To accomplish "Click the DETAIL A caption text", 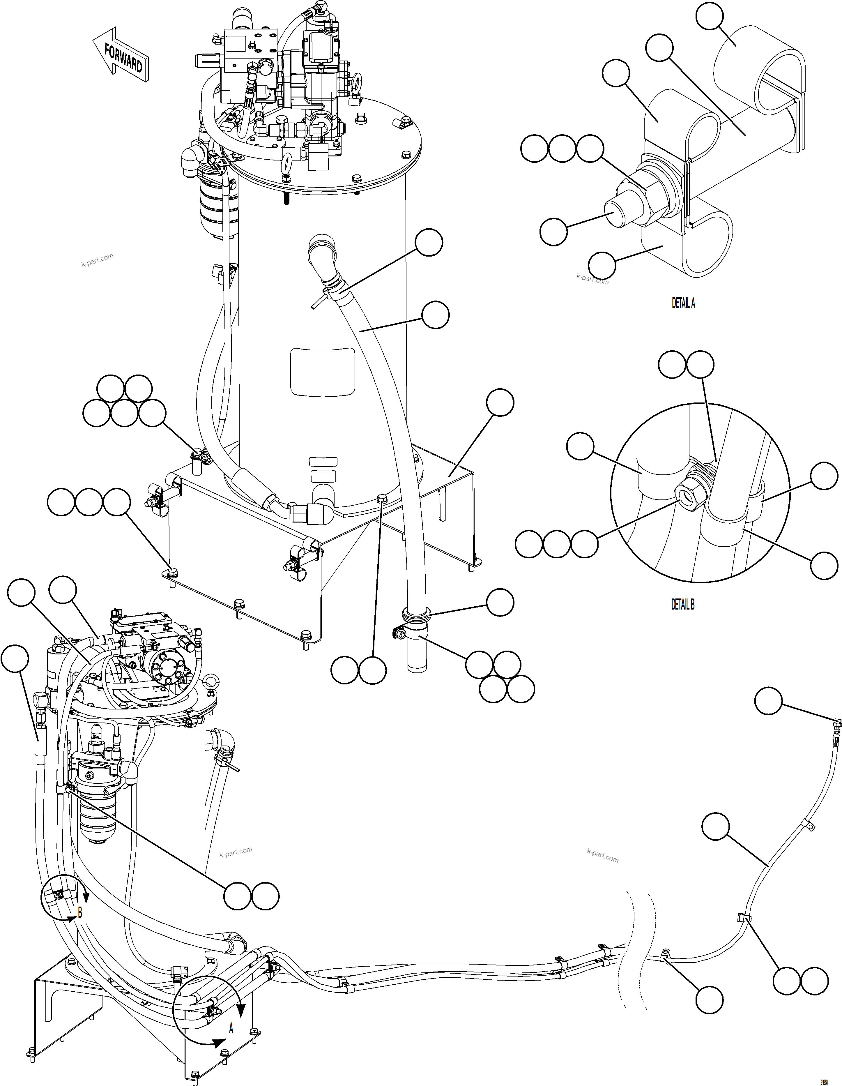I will (683, 303).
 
